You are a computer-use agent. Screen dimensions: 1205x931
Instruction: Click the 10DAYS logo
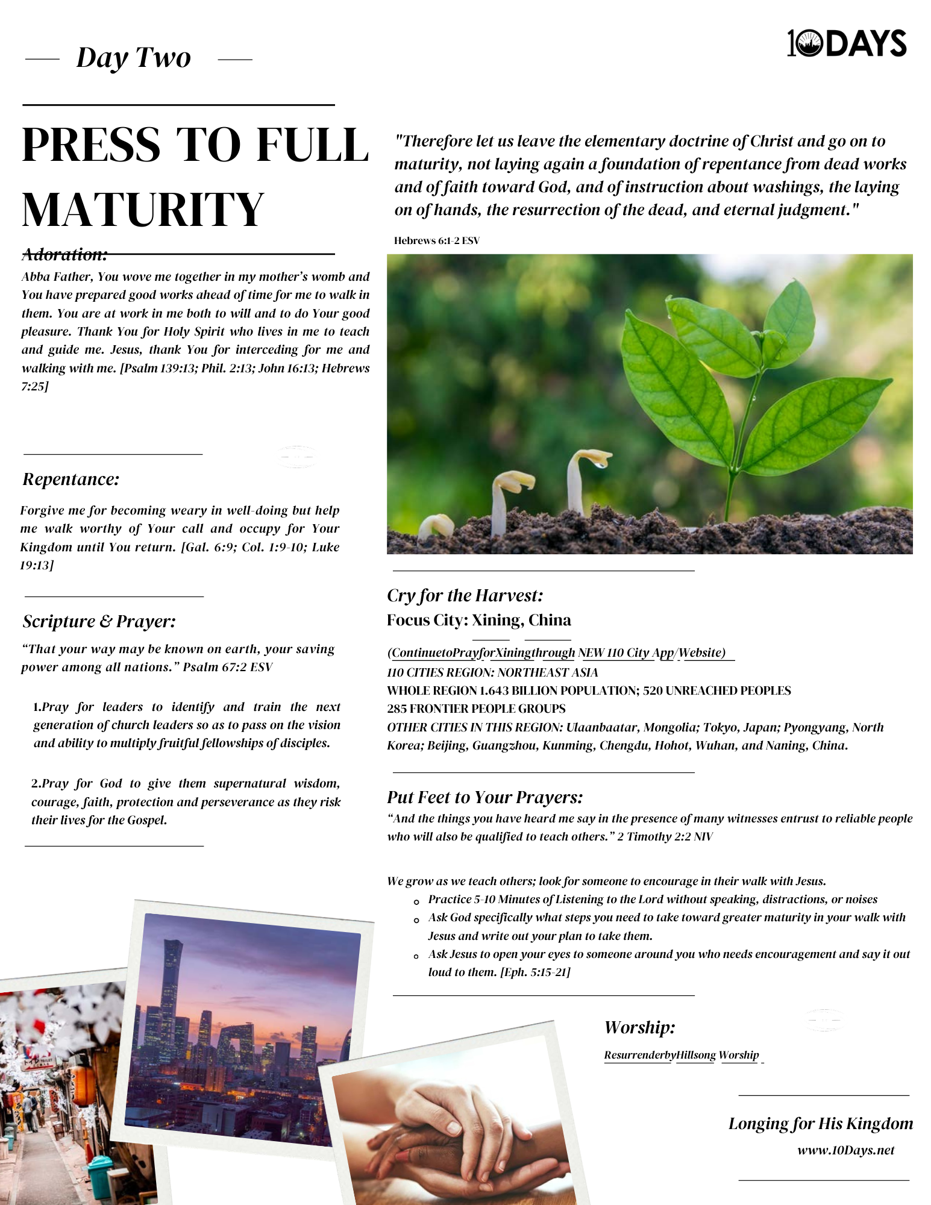click(847, 43)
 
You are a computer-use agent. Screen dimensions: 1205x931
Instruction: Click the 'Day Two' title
click(134, 58)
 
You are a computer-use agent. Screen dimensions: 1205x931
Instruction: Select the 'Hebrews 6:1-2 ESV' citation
click(437, 240)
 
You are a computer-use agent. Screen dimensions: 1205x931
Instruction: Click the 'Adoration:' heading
click(64, 255)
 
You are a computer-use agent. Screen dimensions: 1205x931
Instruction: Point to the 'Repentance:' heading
click(71, 479)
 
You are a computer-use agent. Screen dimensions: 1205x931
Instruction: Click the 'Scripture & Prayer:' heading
click(99, 621)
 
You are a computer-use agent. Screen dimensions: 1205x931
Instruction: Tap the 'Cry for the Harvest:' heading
click(465, 595)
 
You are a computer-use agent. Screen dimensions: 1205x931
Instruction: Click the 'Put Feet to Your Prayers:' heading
click(485, 797)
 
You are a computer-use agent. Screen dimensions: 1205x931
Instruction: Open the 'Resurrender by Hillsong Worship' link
click(682, 1055)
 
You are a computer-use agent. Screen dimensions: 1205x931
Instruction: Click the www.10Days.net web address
click(845, 1150)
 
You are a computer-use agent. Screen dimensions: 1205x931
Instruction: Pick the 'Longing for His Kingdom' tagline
click(820, 1124)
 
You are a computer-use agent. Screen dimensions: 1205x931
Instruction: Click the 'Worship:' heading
click(639, 1027)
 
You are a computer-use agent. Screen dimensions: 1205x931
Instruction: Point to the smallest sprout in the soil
click(436, 526)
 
